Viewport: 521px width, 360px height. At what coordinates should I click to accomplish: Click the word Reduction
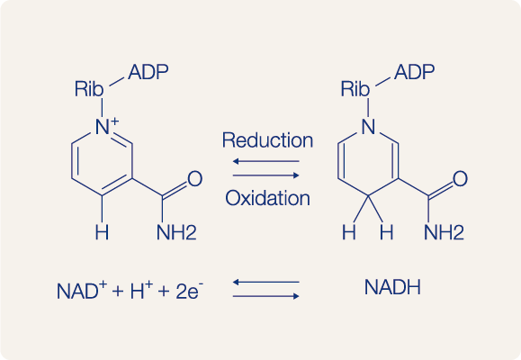pyautogui.click(x=267, y=139)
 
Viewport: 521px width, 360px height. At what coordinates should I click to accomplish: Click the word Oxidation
pyautogui.click(x=267, y=198)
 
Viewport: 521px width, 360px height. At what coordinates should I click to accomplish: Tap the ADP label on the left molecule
pyautogui.click(x=148, y=72)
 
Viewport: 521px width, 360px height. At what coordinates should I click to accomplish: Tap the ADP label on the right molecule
pyautogui.click(x=415, y=72)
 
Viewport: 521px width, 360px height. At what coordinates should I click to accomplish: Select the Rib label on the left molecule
pyautogui.click(x=89, y=89)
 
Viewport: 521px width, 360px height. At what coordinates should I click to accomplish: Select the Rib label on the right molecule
pyautogui.click(x=355, y=89)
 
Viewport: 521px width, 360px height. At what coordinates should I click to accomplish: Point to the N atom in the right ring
pyautogui.click(x=369, y=127)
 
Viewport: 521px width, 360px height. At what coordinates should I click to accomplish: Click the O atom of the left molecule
pyautogui.click(x=194, y=179)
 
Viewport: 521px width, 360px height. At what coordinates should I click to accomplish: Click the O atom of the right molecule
pyautogui.click(x=460, y=179)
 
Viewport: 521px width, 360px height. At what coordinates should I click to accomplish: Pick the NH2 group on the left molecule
pyautogui.click(x=176, y=232)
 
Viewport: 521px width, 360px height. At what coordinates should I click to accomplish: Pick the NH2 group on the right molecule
pyautogui.click(x=444, y=232)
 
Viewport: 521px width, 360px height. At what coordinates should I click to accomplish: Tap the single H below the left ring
pyautogui.click(x=102, y=232)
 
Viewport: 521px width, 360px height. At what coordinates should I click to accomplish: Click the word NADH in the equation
pyautogui.click(x=392, y=287)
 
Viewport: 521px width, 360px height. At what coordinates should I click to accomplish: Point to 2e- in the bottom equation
pyautogui.click(x=189, y=290)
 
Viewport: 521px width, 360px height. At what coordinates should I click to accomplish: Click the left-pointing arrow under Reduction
pyautogui.click(x=265, y=161)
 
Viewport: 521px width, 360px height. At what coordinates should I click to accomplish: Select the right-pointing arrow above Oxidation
pyautogui.click(x=265, y=175)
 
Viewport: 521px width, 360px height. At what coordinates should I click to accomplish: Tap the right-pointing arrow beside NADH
pyautogui.click(x=265, y=296)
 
